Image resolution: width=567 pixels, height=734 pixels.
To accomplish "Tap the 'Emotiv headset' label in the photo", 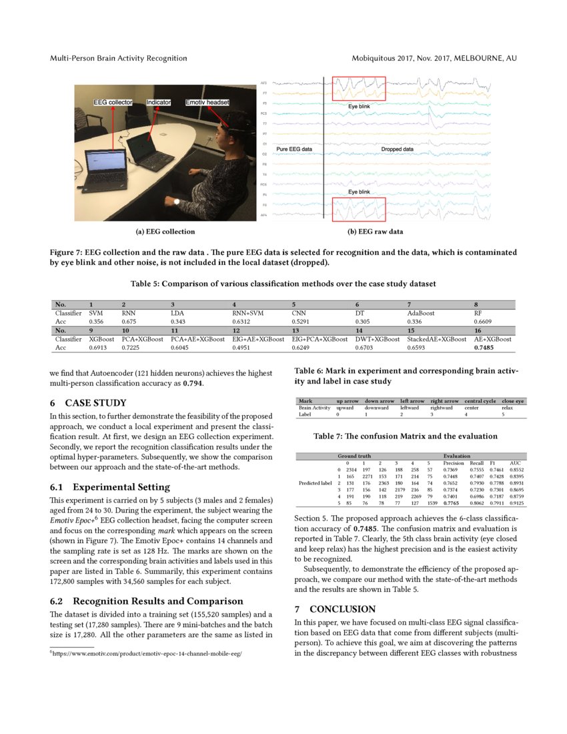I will coord(207,103).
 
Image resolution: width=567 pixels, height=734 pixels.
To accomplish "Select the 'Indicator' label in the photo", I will coord(159,103).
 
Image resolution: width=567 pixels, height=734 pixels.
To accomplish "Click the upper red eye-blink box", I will coord(359,88).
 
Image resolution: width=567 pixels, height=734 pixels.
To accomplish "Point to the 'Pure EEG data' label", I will coord(294,149).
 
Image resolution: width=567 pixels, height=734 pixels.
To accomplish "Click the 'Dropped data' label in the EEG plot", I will coord(397,149).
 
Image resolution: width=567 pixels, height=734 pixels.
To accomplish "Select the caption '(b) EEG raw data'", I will coord(375,232).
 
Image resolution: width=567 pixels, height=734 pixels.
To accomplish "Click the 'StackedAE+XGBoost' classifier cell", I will coord(436,340).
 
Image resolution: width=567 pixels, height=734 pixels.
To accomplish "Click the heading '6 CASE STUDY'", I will coord(88,403).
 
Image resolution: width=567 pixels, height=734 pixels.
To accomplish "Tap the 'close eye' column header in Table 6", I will coord(513,400).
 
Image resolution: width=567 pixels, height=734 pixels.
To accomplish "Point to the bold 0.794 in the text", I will coord(193,384).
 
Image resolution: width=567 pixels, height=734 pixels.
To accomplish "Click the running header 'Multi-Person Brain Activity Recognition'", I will coord(119,59).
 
